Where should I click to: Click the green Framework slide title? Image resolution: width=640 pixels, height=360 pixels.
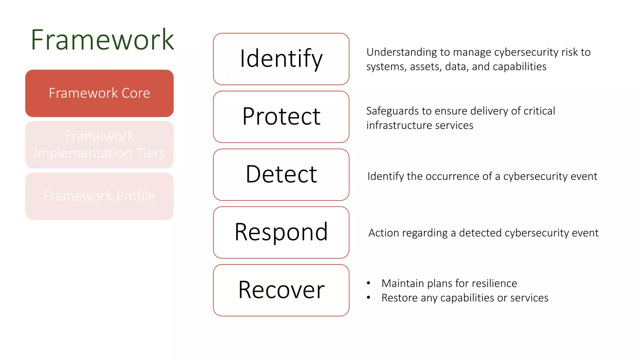click(x=102, y=40)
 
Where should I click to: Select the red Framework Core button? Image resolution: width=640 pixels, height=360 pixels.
click(x=99, y=93)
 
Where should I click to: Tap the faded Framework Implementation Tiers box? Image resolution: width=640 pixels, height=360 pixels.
click(x=99, y=145)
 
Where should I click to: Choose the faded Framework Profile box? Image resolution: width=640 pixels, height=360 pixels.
click(x=99, y=196)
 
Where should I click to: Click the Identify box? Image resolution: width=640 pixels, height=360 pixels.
click(x=281, y=59)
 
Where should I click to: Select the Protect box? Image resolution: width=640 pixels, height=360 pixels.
click(x=281, y=117)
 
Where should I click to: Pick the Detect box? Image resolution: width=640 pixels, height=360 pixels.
click(x=281, y=174)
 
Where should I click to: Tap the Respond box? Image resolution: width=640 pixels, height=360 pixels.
click(x=281, y=232)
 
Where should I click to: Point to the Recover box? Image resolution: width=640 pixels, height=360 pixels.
click(x=281, y=290)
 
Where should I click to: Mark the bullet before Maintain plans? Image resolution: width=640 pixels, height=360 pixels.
click(x=369, y=283)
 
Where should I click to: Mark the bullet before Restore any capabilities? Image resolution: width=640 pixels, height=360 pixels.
click(x=369, y=297)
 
